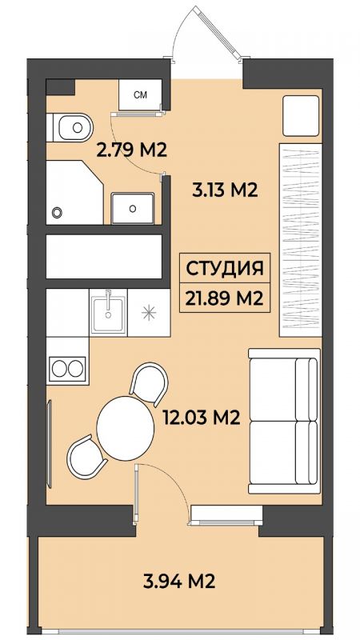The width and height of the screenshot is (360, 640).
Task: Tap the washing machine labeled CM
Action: (141, 94)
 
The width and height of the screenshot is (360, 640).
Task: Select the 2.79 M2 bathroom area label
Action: (132, 150)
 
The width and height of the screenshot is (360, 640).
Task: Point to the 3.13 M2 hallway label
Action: (225, 190)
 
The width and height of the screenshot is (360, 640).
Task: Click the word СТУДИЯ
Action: (225, 270)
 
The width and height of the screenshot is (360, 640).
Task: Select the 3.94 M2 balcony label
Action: (179, 580)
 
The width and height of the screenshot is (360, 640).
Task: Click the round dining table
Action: (126, 427)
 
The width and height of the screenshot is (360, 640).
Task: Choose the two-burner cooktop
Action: (67, 369)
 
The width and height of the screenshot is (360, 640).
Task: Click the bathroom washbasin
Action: (133, 208)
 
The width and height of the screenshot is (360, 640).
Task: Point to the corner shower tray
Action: (74, 193)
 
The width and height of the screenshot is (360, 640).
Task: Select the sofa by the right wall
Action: (284, 421)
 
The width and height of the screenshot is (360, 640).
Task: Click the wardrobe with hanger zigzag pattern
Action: (301, 240)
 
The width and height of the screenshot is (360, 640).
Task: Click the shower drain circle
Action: (57, 212)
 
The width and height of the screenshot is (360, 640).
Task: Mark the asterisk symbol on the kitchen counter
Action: (149, 312)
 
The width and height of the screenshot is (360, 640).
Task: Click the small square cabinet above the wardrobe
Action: (301, 116)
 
